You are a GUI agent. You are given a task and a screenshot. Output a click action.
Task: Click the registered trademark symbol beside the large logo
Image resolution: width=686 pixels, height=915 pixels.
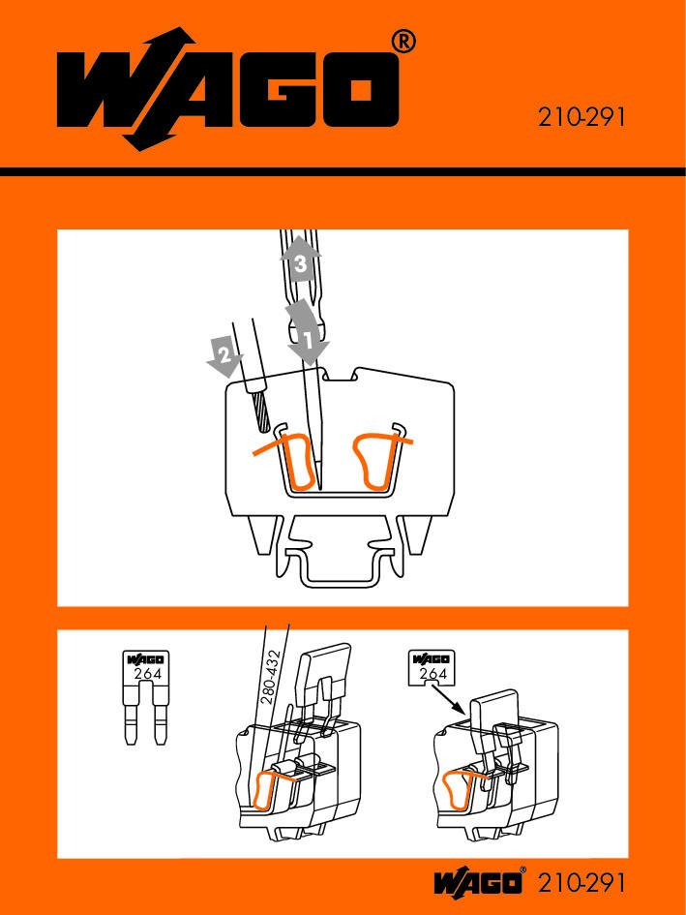pos(403,43)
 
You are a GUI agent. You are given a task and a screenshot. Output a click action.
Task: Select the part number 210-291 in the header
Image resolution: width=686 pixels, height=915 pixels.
pos(581,117)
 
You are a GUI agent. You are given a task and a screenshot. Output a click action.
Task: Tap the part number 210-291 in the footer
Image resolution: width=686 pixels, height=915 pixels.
pos(581,882)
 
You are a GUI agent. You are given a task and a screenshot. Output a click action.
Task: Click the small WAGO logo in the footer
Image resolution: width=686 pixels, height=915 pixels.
pos(479,882)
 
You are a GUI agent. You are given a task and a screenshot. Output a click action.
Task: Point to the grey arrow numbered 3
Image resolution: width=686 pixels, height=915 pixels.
pos(300,259)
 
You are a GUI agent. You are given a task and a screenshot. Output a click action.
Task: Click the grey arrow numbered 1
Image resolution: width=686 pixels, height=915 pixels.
pos(308,333)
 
